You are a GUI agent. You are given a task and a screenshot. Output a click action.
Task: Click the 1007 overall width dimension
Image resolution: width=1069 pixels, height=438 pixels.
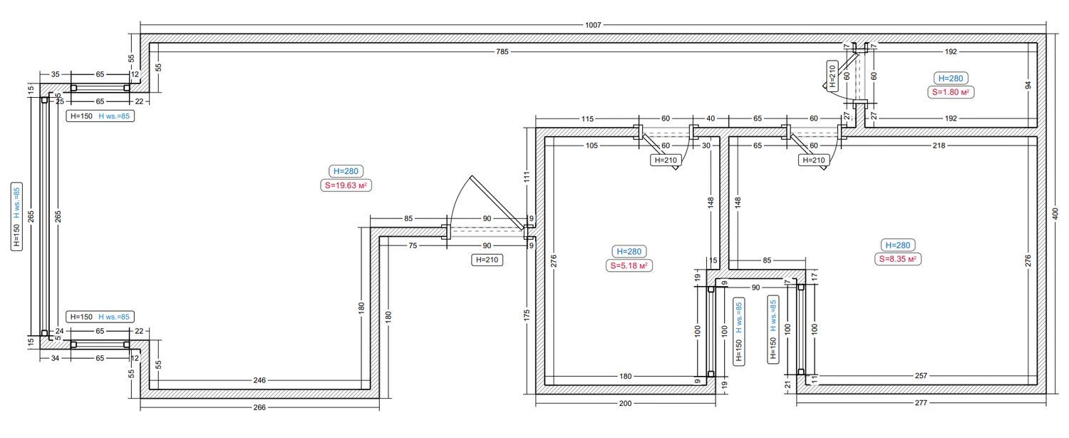point(593,25)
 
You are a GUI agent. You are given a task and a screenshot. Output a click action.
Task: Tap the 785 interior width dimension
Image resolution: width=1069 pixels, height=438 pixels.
point(502,51)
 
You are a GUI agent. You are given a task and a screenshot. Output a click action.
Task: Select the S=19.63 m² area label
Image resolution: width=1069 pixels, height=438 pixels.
point(346,185)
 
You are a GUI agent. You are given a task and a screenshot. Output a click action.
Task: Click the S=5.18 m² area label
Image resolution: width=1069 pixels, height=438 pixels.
point(629,265)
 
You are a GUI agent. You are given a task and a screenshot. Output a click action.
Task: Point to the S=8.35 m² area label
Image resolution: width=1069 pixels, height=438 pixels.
point(898,260)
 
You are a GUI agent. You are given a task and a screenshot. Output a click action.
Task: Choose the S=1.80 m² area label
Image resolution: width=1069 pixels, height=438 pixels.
point(951,92)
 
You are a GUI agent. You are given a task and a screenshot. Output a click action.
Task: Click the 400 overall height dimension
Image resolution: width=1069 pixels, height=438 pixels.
point(1055,213)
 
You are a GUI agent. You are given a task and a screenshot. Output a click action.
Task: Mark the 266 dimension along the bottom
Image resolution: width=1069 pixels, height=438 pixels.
point(259,407)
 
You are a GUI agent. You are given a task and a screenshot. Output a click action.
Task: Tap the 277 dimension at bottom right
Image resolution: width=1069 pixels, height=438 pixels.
point(921,402)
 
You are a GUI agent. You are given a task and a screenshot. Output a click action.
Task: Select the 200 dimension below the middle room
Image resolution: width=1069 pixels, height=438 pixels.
point(625,403)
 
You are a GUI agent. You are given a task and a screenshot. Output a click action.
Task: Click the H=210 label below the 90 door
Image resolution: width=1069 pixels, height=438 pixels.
point(487,260)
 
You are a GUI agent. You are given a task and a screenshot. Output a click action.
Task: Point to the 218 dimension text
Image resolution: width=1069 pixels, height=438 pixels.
point(939,146)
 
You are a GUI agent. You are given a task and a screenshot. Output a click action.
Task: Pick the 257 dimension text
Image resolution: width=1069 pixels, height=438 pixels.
point(921,376)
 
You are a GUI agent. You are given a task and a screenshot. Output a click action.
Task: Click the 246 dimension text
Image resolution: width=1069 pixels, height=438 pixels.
point(259,380)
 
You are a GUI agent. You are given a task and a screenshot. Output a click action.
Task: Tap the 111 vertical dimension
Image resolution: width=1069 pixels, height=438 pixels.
point(527,177)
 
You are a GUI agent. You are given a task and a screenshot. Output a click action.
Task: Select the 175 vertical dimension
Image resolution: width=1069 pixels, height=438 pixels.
point(527,315)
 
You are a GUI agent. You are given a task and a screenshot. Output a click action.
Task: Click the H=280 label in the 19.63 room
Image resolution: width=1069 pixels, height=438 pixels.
point(346,171)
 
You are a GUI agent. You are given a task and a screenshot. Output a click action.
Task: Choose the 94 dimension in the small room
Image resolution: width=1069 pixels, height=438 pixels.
point(1028,85)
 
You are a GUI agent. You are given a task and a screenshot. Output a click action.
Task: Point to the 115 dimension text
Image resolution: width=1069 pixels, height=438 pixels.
point(587,118)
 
